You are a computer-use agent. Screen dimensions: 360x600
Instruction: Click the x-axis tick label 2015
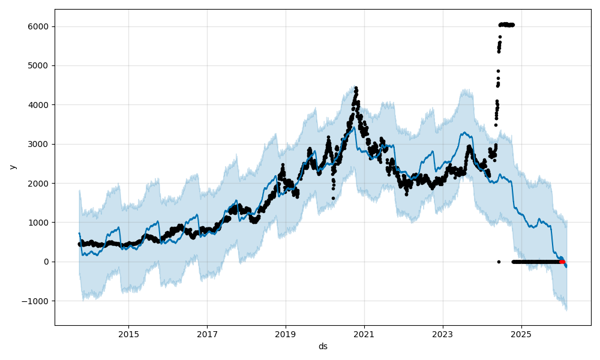[128, 334]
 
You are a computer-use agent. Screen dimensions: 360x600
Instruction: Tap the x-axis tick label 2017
[207, 334]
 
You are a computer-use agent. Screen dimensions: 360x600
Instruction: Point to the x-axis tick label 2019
[286, 334]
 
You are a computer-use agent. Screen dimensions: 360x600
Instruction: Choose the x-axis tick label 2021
[364, 334]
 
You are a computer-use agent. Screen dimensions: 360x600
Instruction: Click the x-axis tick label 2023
[443, 334]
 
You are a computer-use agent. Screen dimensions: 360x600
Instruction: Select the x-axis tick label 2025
[521, 334]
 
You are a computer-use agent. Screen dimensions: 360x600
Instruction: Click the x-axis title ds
[323, 346]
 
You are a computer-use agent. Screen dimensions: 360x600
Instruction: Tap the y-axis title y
[13, 167]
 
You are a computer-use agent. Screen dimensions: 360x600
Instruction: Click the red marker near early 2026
[562, 262]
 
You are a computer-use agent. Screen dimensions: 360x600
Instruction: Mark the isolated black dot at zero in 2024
[499, 262]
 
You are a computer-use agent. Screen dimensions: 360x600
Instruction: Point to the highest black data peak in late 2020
[356, 88]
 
